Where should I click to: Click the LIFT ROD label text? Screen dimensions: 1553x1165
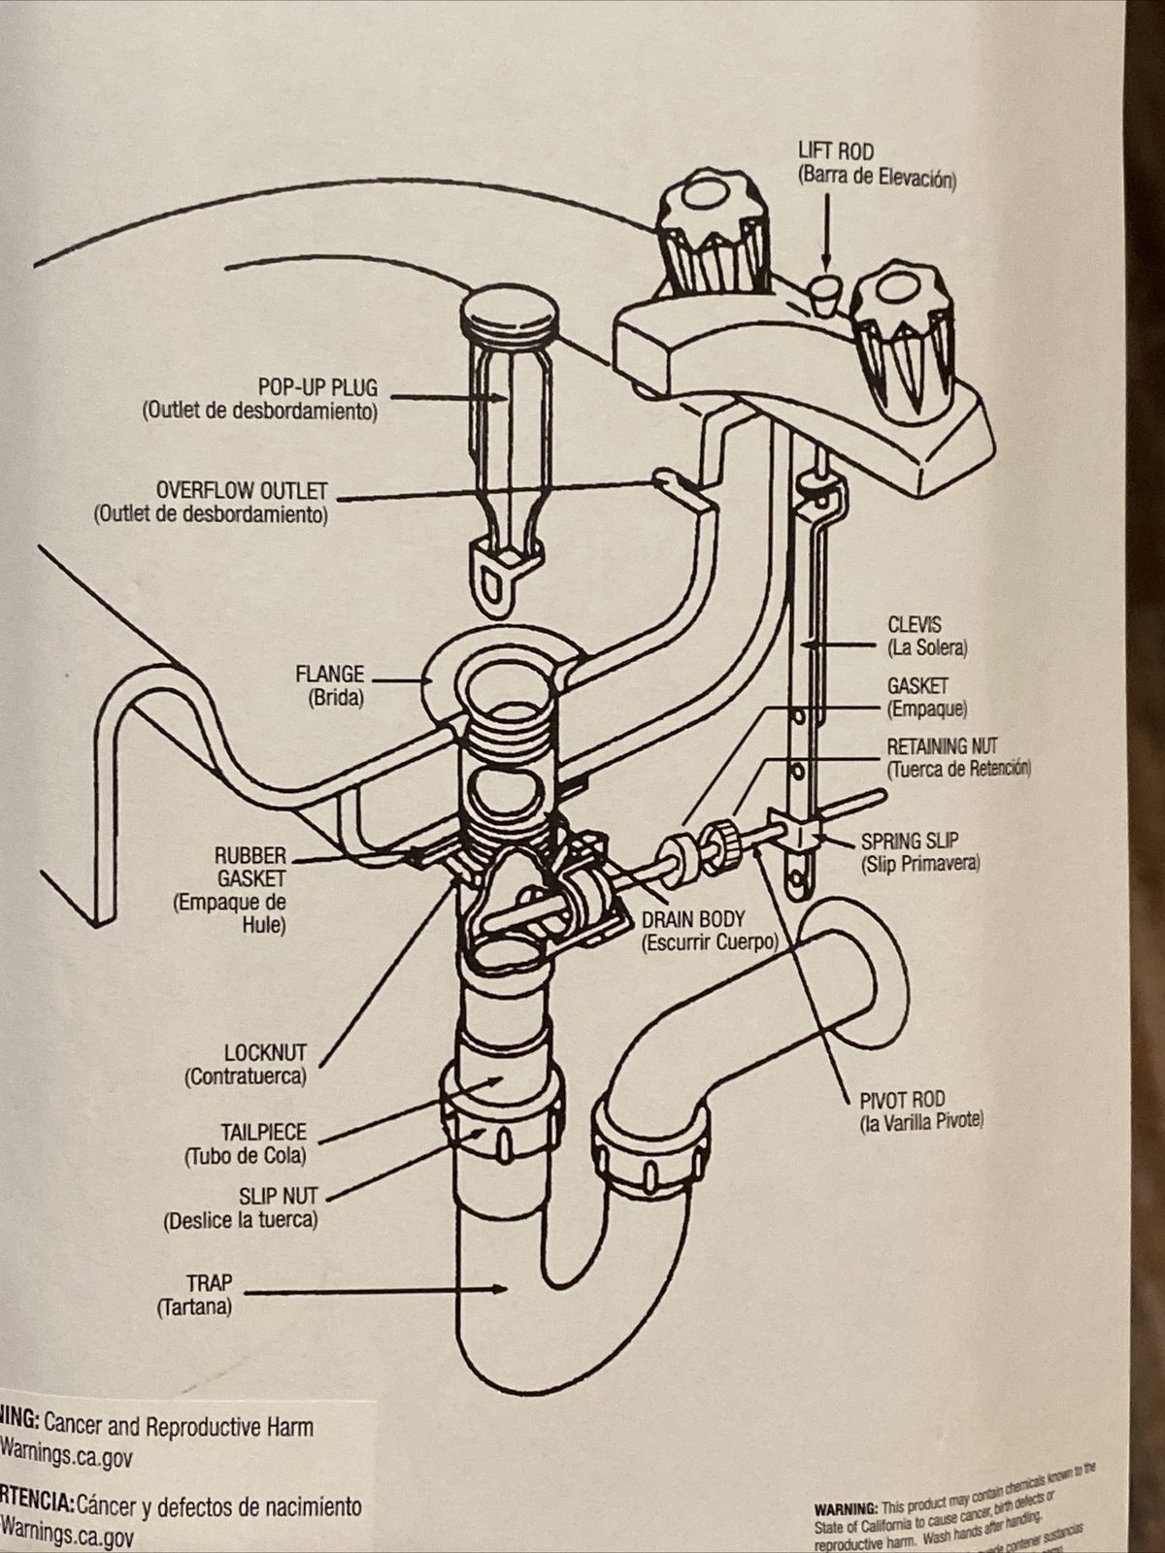pos(835,151)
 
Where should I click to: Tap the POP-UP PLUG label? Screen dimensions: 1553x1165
pos(317,387)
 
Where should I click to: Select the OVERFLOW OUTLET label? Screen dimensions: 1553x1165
pos(242,490)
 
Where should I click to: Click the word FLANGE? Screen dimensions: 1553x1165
pos(329,674)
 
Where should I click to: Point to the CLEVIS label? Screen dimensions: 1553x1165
pos(914,625)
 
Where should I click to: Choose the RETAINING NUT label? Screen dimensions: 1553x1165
pos(942,746)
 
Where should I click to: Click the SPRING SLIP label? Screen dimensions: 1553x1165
pos(910,841)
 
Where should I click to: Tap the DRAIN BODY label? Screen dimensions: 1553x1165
pos(693,919)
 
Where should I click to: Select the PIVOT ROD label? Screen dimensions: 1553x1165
pos(902,1100)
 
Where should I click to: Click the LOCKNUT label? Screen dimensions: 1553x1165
pos(265,1052)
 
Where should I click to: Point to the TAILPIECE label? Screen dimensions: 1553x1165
pos(263,1132)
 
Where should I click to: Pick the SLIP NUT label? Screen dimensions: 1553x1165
pos(278,1196)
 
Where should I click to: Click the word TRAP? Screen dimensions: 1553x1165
pos(209,1283)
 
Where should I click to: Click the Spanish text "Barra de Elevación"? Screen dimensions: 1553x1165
pos(877,178)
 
